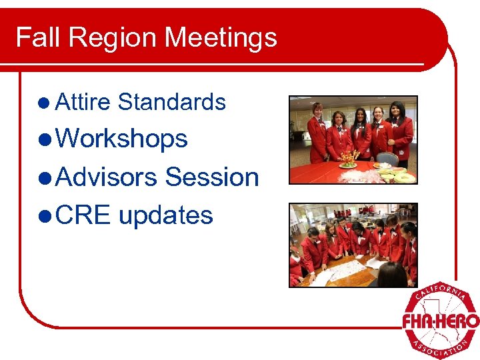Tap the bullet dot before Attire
(44, 103)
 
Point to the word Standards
(171, 102)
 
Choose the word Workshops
(122, 139)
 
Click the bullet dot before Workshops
(45, 140)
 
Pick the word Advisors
(106, 177)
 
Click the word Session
(212, 177)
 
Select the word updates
(165, 215)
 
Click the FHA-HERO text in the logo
(440, 322)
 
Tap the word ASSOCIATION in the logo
(440, 347)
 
